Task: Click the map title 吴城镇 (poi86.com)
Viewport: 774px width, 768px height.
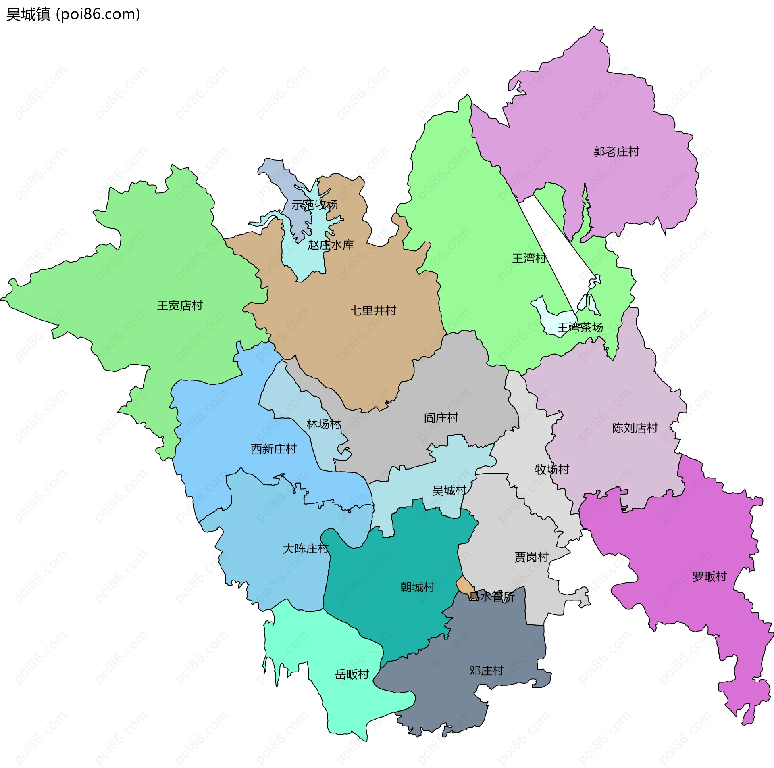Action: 73,15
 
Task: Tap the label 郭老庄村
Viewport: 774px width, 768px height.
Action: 616,152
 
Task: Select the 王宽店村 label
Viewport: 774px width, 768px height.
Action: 180,305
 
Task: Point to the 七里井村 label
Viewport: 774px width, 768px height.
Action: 373,311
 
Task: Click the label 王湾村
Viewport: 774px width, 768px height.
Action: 529,258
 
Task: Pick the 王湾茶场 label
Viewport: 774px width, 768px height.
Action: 580,327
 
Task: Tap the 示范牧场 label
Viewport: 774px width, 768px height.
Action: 314,205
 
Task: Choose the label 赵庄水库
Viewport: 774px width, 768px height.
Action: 331,245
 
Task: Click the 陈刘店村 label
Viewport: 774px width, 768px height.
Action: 635,428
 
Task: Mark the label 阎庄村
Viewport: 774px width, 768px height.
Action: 441,418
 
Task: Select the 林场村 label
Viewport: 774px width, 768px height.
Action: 324,424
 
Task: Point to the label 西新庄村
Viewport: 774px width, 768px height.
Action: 274,449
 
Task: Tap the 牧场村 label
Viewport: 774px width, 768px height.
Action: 552,470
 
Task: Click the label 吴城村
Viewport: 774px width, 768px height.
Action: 449,491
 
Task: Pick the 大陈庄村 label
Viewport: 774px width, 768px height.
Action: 306,549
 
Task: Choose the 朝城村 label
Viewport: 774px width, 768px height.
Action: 417,587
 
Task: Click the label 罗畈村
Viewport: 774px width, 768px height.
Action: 709,577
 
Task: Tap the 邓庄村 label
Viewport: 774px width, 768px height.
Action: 486,671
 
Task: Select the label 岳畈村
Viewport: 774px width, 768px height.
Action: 352,674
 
